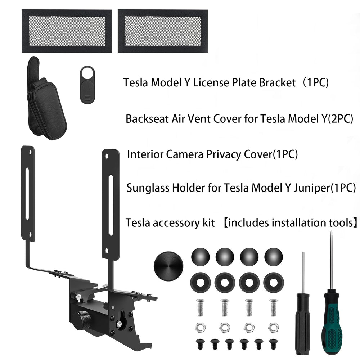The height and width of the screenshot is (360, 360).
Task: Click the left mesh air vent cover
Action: pyautogui.click(x=67, y=31)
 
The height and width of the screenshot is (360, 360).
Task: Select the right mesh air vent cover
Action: pyautogui.click(x=163, y=31)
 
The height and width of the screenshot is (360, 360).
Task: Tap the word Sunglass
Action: pyautogui.click(x=148, y=188)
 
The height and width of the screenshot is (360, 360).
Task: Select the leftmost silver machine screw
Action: pyautogui.click(x=200, y=307)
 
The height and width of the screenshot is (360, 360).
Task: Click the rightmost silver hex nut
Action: pyautogui.click(x=274, y=327)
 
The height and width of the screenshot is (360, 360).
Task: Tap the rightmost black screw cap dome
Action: pyautogui.click(x=274, y=257)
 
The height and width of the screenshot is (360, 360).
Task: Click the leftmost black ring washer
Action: pyautogui.click(x=200, y=283)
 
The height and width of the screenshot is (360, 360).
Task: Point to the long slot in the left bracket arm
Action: pyautogui.click(x=27, y=194)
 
